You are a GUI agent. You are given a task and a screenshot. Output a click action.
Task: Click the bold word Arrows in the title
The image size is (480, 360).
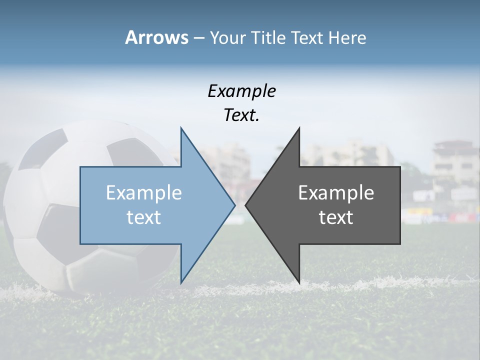[156, 37]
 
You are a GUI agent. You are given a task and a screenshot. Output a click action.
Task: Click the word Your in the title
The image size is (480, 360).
[227, 37]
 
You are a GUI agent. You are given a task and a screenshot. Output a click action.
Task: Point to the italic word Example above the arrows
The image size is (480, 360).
[241, 91]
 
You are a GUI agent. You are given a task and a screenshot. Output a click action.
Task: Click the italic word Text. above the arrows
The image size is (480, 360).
[241, 115]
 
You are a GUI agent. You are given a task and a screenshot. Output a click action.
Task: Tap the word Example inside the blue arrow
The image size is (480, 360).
[144, 192]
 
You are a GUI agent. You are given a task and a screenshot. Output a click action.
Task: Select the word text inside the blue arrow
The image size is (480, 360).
[144, 217]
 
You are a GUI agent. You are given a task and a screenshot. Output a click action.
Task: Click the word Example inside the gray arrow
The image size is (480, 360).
[336, 192]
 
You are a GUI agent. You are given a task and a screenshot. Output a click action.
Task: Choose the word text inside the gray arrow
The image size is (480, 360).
[336, 217]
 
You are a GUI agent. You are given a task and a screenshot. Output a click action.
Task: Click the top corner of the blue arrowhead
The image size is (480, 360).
[181, 128]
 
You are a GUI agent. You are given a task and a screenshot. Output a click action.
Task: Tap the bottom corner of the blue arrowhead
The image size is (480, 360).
[181, 282]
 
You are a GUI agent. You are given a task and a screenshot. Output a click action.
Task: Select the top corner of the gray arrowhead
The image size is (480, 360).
[299, 128]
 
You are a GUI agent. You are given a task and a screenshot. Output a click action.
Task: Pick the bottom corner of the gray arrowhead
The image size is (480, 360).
[299, 282]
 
